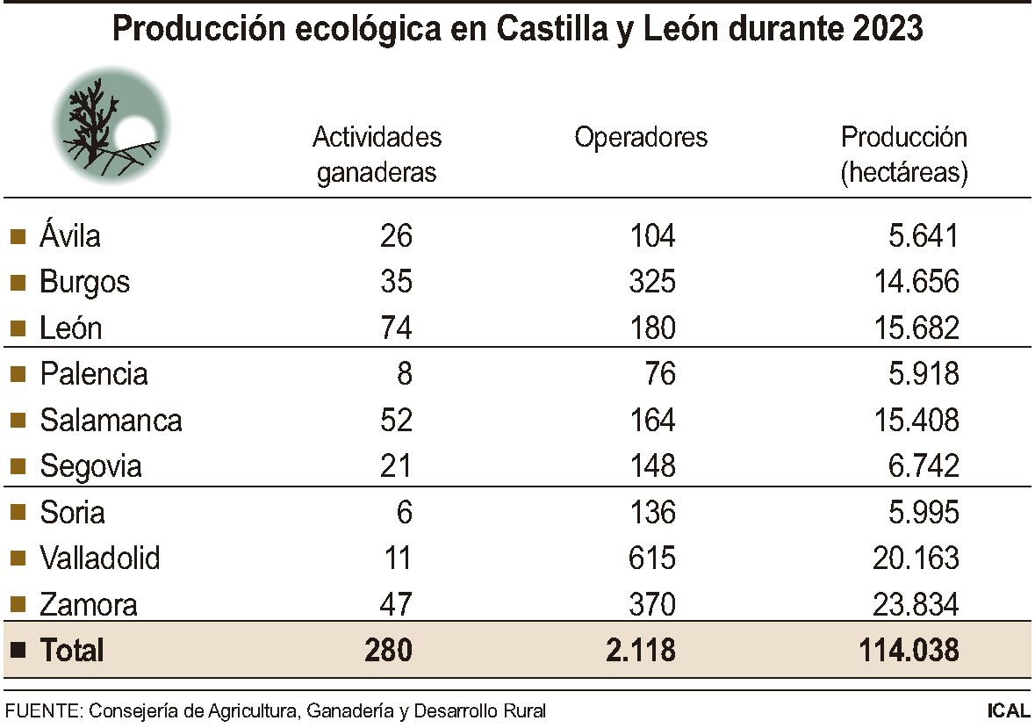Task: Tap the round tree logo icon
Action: (x=111, y=124)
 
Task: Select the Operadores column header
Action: (x=641, y=138)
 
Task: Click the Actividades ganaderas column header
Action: (x=377, y=155)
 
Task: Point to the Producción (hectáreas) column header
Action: (x=903, y=155)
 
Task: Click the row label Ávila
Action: (x=70, y=236)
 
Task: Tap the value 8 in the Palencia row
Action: (x=403, y=374)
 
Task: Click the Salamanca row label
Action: (x=111, y=421)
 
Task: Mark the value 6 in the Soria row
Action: (x=403, y=512)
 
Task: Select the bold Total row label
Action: (x=71, y=651)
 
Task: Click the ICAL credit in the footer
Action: (x=1008, y=710)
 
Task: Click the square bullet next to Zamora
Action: (x=18, y=604)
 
